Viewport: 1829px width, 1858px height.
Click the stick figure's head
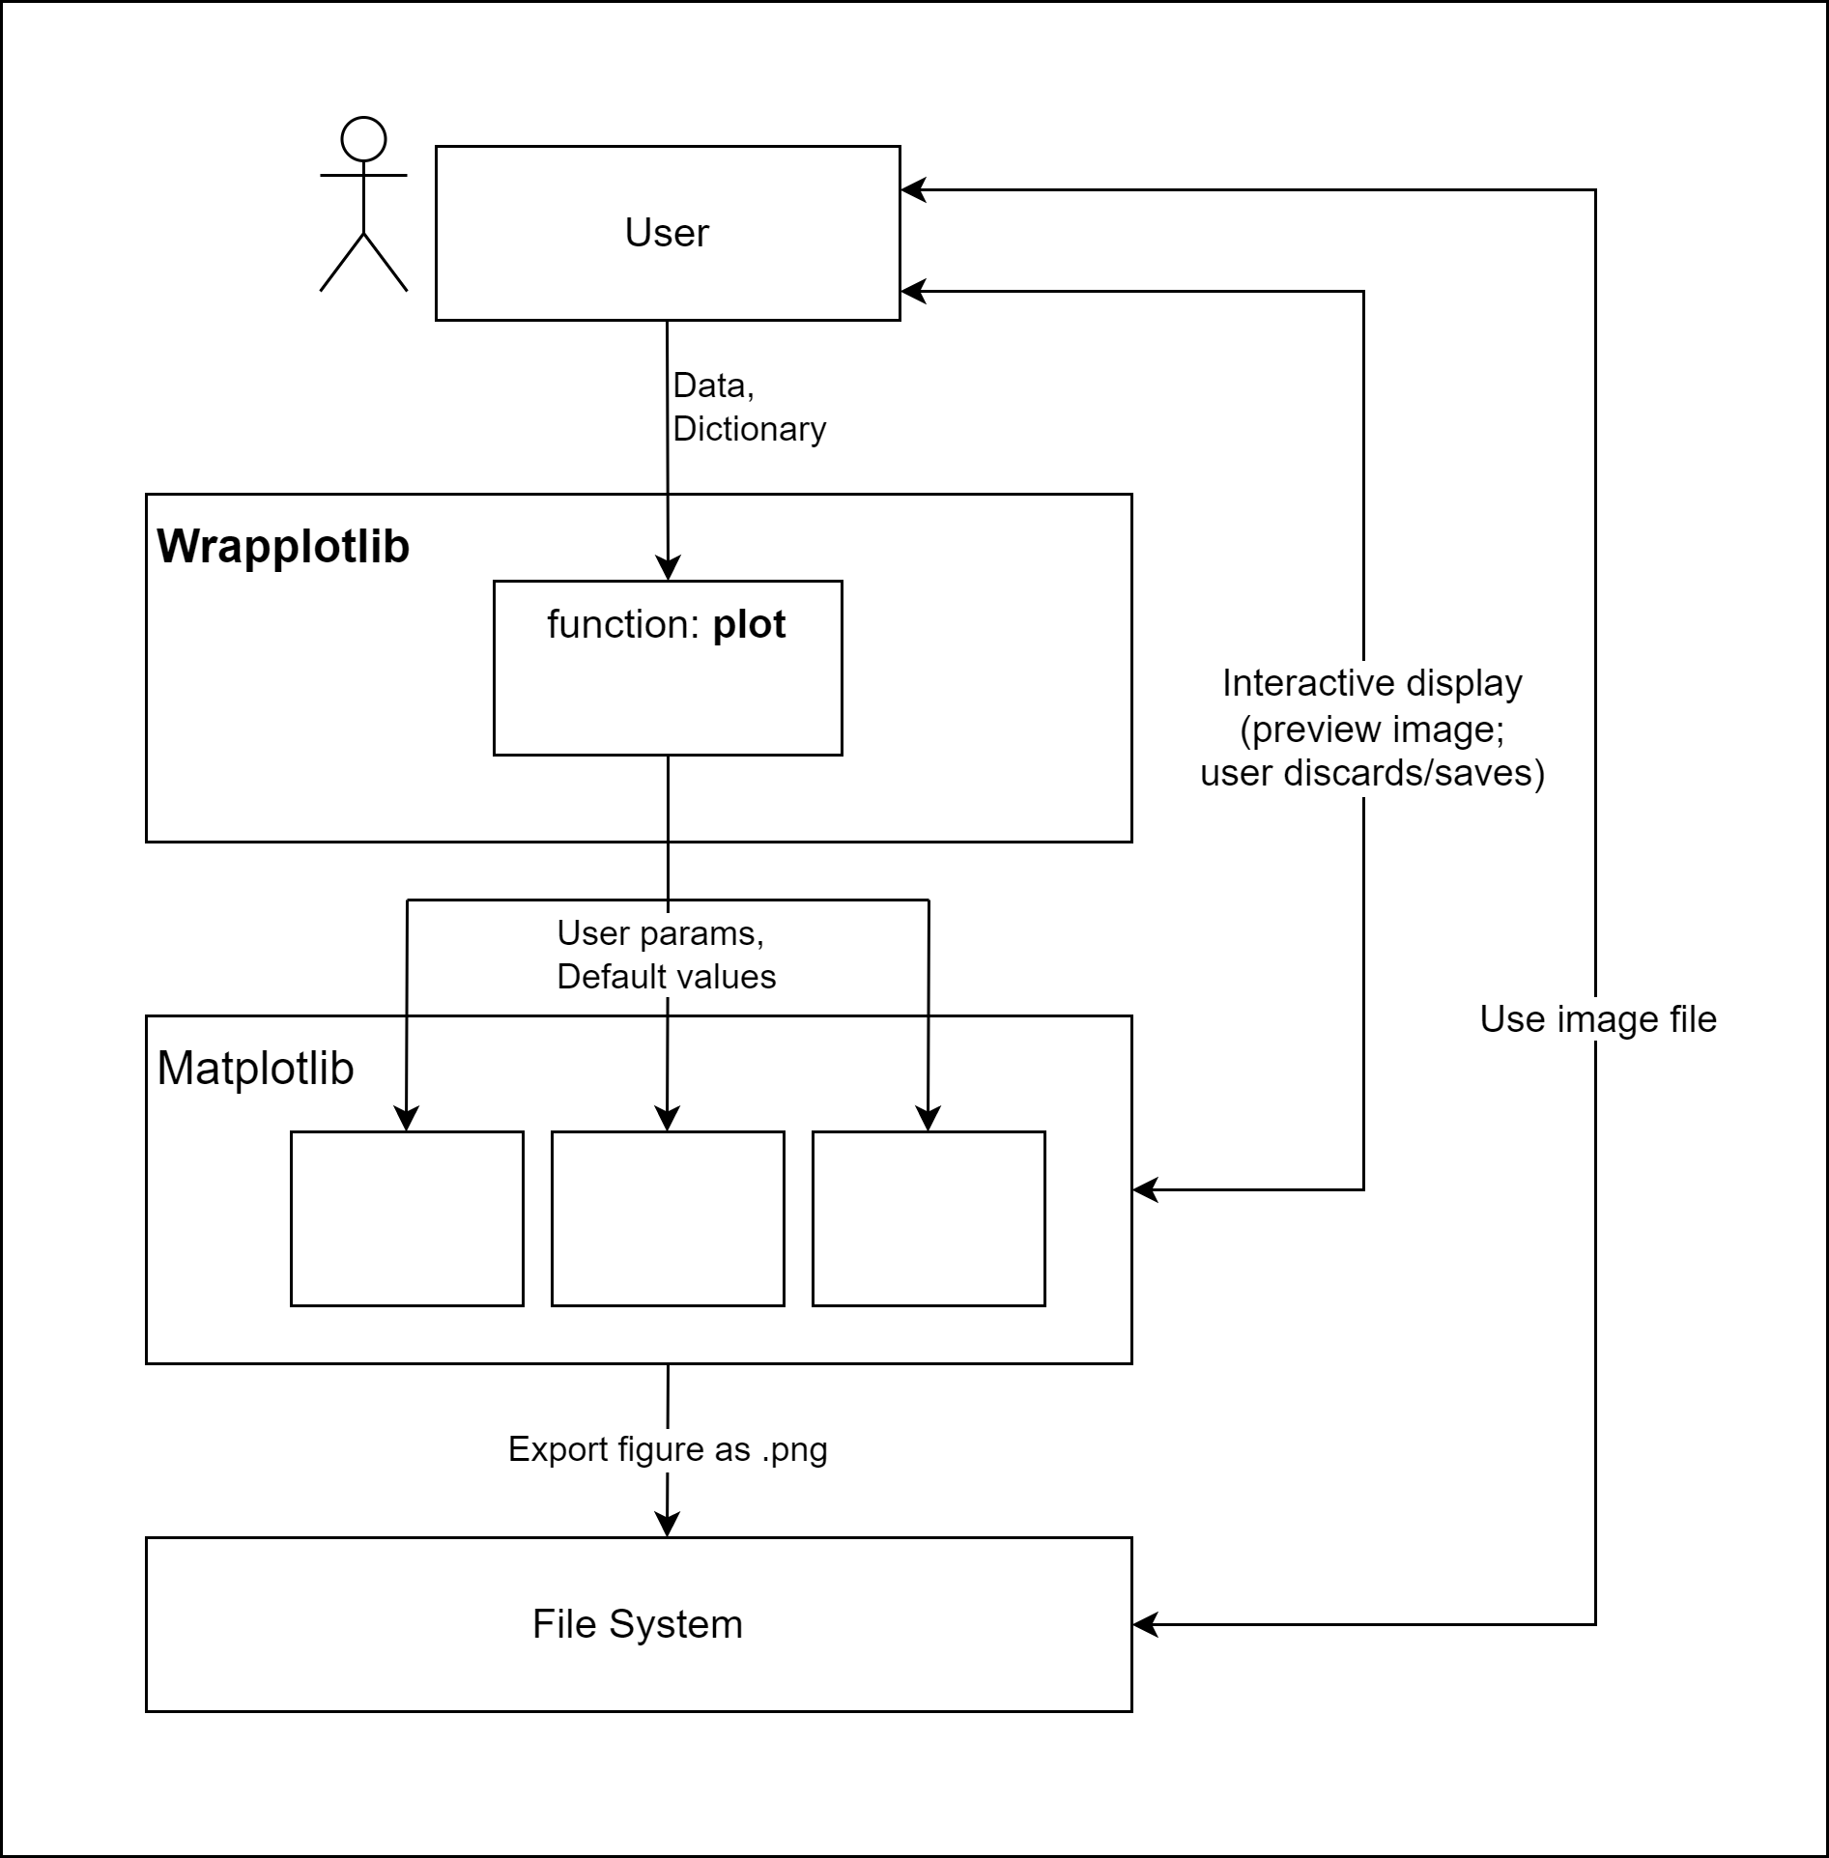pyautogui.click(x=363, y=139)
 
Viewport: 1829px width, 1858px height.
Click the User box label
pyautogui.click(x=667, y=233)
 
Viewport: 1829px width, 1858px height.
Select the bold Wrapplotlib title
pyautogui.click(x=283, y=547)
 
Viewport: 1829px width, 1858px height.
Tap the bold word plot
pyautogui.click(x=749, y=625)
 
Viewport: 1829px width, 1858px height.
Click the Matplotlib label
pyautogui.click(x=255, y=1069)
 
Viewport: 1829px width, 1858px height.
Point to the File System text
pyautogui.click(x=638, y=1624)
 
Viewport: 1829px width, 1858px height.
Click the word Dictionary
pyautogui.click(x=749, y=429)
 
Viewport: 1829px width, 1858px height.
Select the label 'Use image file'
pyautogui.click(x=1598, y=1019)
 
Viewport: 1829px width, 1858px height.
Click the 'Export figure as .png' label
pyautogui.click(x=668, y=1449)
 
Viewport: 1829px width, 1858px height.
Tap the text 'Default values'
pyautogui.click(x=666, y=977)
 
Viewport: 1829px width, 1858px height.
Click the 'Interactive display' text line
pyautogui.click(x=1372, y=683)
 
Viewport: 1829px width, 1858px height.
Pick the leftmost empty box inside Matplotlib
pyautogui.click(x=407, y=1218)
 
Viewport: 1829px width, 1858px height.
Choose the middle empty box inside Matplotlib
pyautogui.click(x=668, y=1218)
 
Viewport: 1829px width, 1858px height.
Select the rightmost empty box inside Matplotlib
pyautogui.click(x=929, y=1218)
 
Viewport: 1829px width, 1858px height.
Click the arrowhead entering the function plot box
pyautogui.click(x=668, y=568)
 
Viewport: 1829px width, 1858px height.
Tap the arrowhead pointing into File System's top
pyautogui.click(x=668, y=1524)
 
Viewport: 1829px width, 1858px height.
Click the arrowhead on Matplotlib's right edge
pyautogui.click(x=1146, y=1189)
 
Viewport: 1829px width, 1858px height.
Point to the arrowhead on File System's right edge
pyautogui.click(x=1146, y=1624)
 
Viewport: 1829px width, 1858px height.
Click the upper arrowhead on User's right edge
pyautogui.click(x=914, y=190)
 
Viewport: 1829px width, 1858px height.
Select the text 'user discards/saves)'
pyautogui.click(x=1372, y=773)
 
